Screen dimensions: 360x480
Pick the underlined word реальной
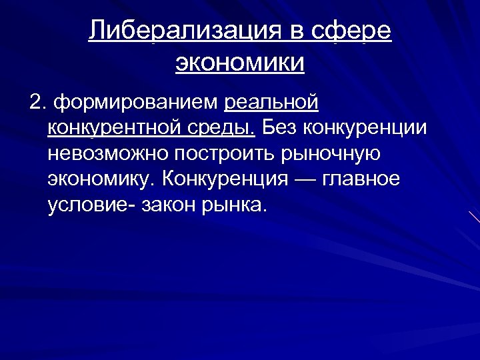click(272, 103)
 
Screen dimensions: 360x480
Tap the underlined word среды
click(232, 128)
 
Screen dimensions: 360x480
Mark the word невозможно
click(108, 153)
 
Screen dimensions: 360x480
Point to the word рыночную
click(331, 153)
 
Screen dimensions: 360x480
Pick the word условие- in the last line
click(91, 204)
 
